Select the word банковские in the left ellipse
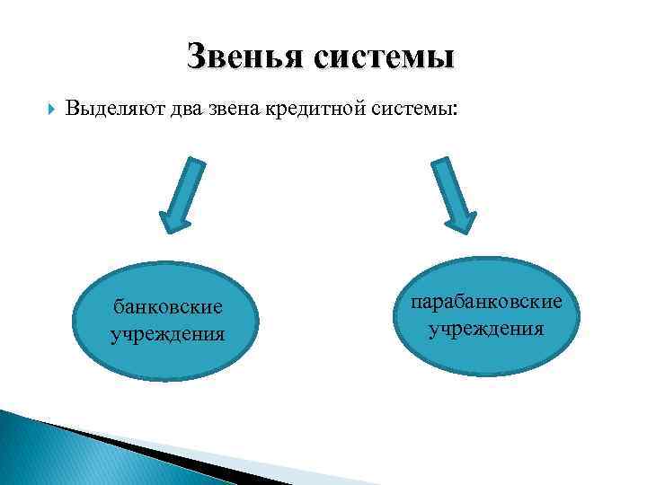167,307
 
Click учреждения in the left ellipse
167,335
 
